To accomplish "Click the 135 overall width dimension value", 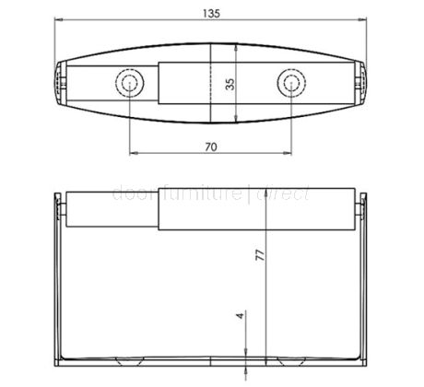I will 212,10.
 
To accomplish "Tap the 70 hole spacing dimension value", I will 210,146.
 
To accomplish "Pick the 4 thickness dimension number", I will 240,315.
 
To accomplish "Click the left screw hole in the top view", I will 128,84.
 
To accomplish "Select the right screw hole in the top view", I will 290,84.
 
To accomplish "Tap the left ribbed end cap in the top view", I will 61,84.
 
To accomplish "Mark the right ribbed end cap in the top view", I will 361,84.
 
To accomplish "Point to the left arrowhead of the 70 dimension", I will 132,153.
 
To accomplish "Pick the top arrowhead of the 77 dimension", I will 266,198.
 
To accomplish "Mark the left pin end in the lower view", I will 65,210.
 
